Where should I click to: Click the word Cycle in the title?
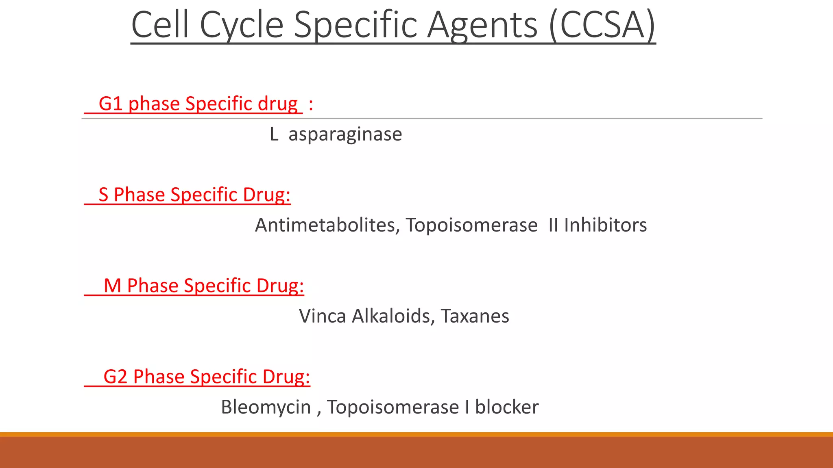coord(242,25)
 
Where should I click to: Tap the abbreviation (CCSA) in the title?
coord(602,25)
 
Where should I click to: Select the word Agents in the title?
coord(482,25)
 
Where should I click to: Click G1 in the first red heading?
coord(111,104)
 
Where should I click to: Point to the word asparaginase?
coord(345,134)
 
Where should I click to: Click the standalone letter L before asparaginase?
coord(274,134)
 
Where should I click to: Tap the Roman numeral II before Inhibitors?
coord(553,225)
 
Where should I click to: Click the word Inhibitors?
coord(605,225)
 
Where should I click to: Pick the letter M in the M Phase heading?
coord(113,286)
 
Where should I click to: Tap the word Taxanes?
coord(475,316)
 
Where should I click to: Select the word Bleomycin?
coord(266,407)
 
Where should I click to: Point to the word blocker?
coord(507,407)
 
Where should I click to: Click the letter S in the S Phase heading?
coord(104,195)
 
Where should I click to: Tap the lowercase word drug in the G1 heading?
coord(277,104)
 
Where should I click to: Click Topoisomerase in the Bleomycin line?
coord(393,407)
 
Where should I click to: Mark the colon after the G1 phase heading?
coord(311,104)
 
